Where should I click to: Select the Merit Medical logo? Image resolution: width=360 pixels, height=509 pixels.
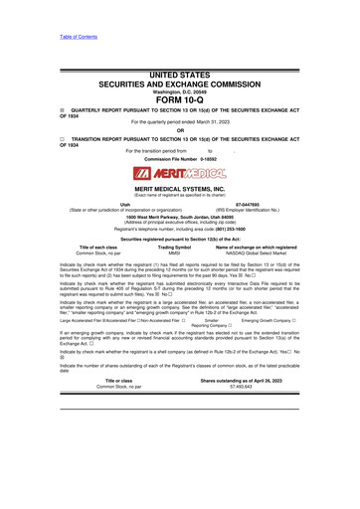pyautogui.click(x=180, y=174)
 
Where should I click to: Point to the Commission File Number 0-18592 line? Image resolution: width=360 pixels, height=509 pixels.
pyautogui.click(x=180, y=160)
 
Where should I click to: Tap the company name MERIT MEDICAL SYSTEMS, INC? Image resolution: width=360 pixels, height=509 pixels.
pyautogui.click(x=180, y=189)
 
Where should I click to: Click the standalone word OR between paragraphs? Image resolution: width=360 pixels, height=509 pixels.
pyautogui.click(x=180, y=131)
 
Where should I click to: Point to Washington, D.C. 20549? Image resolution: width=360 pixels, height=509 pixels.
pyautogui.click(x=180, y=90)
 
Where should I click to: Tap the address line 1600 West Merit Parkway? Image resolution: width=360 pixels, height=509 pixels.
pyautogui.click(x=180, y=214)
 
